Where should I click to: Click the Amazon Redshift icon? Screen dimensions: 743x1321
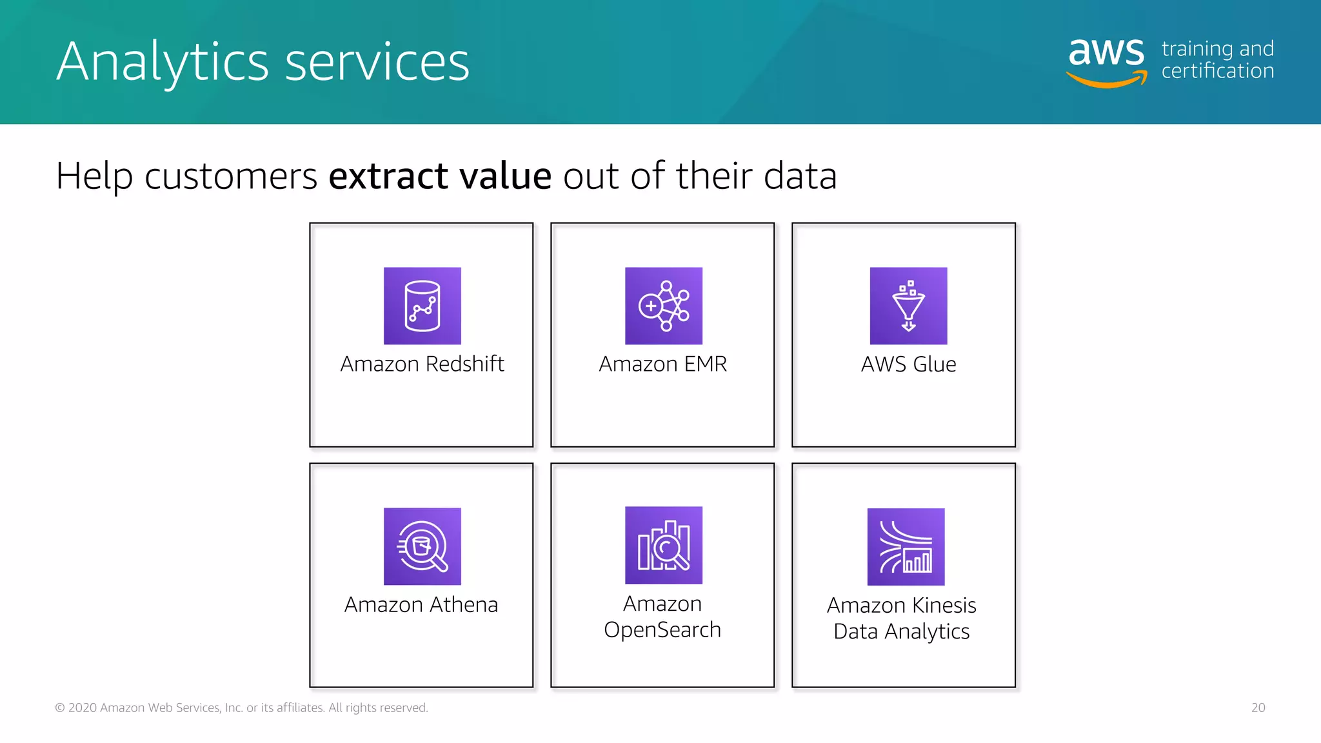[x=422, y=306]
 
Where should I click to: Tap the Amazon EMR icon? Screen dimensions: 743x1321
[x=663, y=306]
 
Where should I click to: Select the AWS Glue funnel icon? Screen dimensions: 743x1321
[x=908, y=306]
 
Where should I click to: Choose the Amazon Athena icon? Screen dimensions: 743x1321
[x=422, y=546]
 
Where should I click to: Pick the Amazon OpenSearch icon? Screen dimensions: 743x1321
[x=663, y=545]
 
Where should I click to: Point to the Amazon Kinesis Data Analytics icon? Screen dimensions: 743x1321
[x=906, y=547]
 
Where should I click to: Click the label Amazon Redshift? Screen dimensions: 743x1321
[x=422, y=364]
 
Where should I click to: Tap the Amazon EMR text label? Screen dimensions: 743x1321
[x=662, y=364]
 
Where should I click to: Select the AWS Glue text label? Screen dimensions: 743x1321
[x=908, y=364]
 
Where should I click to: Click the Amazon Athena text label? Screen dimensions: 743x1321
[x=421, y=605]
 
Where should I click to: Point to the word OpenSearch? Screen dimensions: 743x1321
[x=662, y=630]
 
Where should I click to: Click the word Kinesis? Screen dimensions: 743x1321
[x=944, y=606]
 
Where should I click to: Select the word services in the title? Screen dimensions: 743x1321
[x=377, y=63]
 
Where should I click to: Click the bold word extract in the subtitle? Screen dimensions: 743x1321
[x=388, y=176]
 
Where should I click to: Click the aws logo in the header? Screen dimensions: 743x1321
[x=1107, y=59]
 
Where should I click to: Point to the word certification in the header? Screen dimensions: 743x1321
[x=1218, y=71]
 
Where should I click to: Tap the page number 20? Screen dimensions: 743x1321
[x=1258, y=708]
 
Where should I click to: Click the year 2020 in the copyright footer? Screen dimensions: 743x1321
[x=82, y=708]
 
